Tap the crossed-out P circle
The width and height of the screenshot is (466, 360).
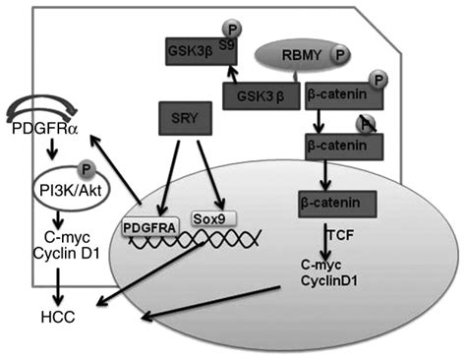[364, 122]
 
